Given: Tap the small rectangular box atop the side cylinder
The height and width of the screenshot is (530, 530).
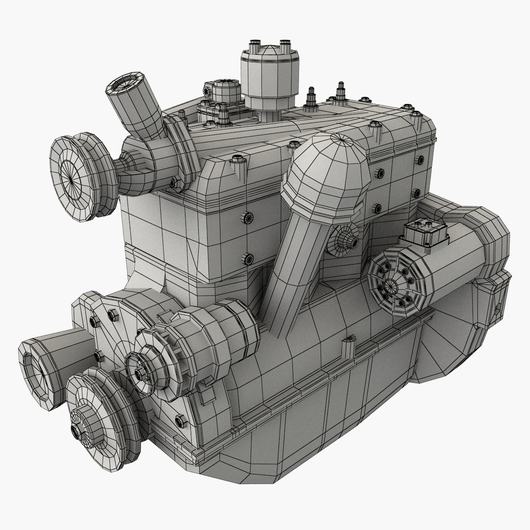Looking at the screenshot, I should pos(423,231).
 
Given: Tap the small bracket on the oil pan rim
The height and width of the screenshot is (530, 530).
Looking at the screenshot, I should pos(349,347).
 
